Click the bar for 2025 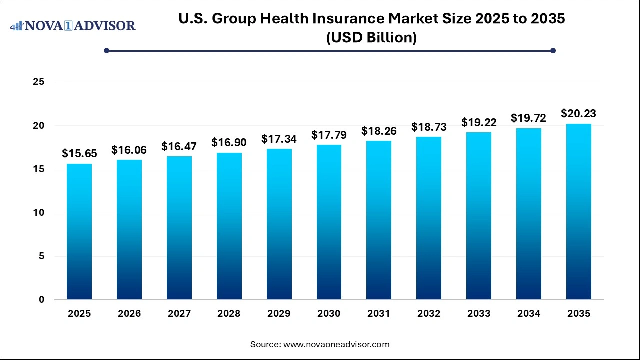(x=79, y=232)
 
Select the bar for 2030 (x=329, y=222)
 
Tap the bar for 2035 (x=579, y=212)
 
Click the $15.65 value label (x=79, y=154)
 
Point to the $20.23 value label (x=579, y=113)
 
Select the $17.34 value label (x=279, y=139)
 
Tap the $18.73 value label (x=429, y=127)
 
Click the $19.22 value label (x=479, y=122)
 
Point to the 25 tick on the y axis (x=38, y=82)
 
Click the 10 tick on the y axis (x=38, y=213)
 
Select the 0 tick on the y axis (x=41, y=300)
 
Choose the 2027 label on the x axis (x=179, y=314)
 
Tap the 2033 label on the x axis (x=479, y=314)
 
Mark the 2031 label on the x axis (x=379, y=314)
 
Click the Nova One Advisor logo (x=73, y=25)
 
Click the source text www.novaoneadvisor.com (x=336, y=344)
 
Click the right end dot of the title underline (x=553, y=50)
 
